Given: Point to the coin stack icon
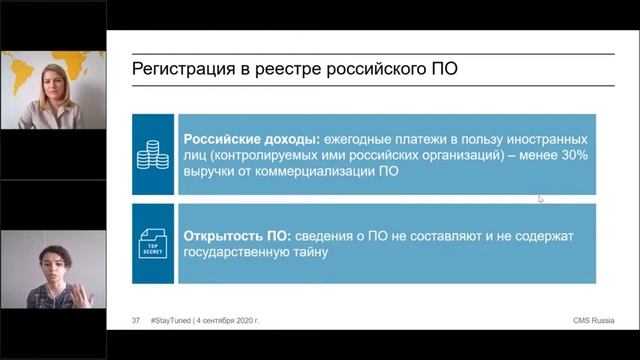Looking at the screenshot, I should click(153, 154).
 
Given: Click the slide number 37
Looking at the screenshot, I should click(136, 320).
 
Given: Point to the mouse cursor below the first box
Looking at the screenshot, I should click(541, 199).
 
